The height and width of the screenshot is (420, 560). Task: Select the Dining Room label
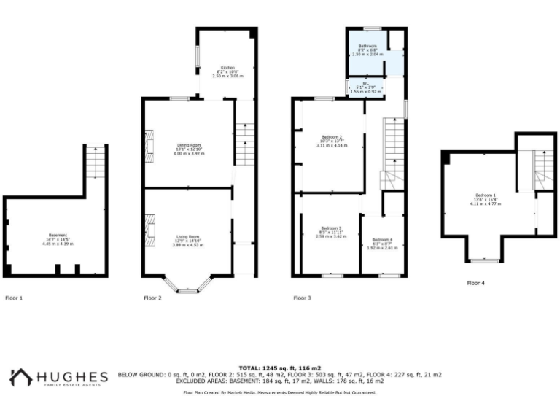tap(187, 144)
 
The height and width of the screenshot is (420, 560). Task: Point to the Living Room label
tap(187, 236)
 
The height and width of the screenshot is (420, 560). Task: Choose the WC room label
tap(365, 83)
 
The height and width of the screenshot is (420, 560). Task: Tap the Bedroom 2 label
tap(332, 137)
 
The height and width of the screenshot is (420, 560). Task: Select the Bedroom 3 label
tap(330, 232)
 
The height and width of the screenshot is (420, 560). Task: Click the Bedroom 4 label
tap(381, 240)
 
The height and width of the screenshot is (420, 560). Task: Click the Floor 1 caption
tap(14, 297)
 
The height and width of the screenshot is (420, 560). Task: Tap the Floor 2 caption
tap(152, 297)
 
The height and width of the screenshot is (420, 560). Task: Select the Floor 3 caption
tap(302, 297)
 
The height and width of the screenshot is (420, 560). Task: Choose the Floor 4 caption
tap(476, 282)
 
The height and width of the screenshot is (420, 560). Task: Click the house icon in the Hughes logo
tap(20, 377)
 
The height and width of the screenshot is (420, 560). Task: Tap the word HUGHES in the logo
tap(71, 376)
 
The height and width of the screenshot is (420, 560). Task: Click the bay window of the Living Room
tap(187, 287)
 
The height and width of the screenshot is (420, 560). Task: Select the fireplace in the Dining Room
tap(149, 144)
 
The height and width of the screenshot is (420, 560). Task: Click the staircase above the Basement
tap(96, 162)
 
